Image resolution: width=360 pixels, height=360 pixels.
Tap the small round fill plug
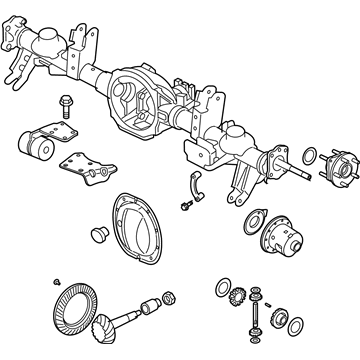(x=98, y=234)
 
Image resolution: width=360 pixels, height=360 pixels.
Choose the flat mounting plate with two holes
(x=87, y=164)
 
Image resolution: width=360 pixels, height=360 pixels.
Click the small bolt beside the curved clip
(x=187, y=206)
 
